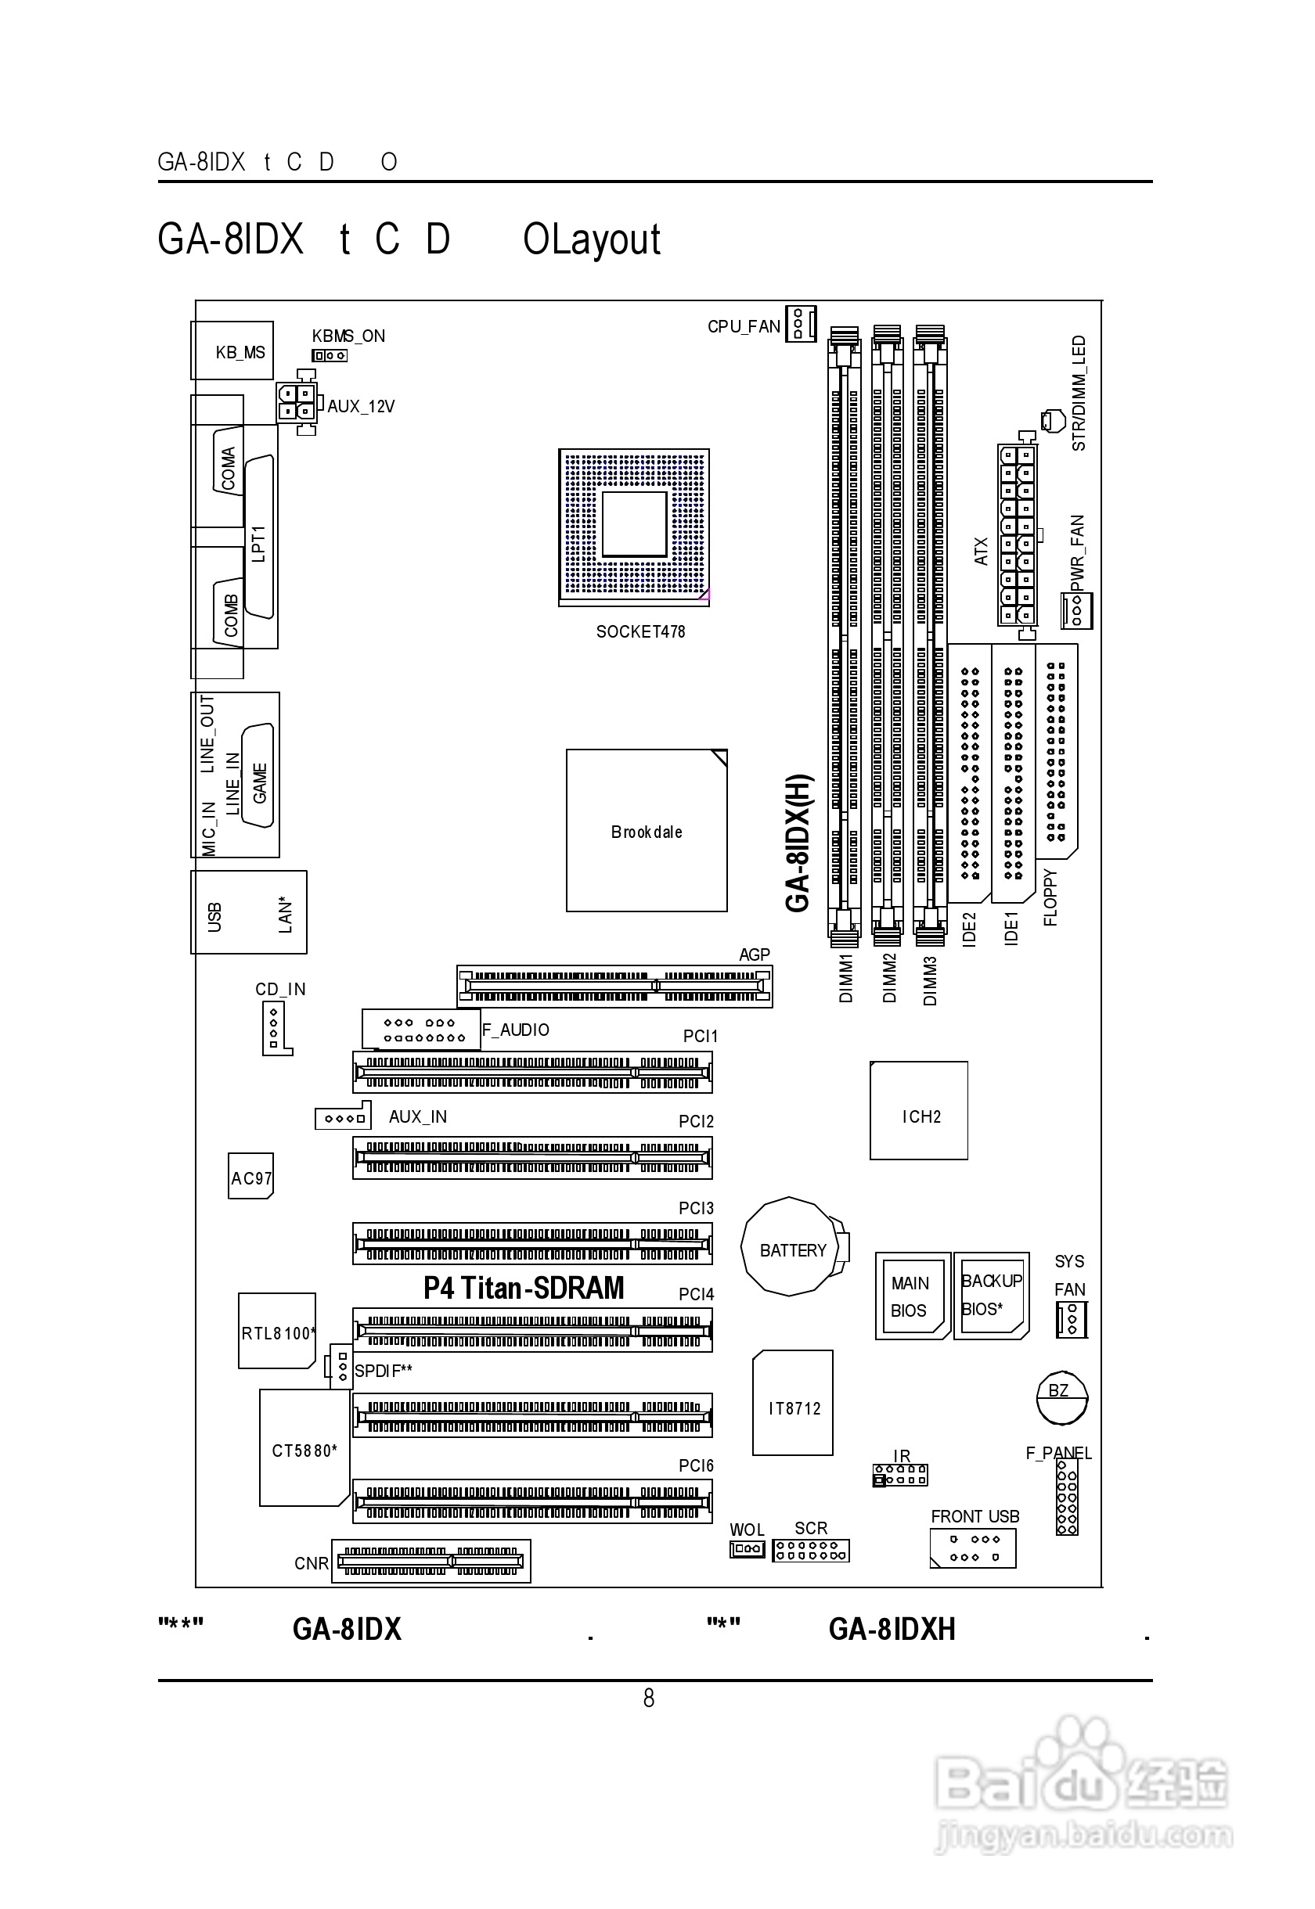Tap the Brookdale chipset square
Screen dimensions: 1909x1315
coord(646,830)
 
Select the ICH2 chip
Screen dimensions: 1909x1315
coord(919,1110)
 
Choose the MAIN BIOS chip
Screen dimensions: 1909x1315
coord(911,1296)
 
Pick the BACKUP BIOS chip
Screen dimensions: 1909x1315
coord(991,1296)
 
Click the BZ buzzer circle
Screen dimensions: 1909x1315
coord(1061,1397)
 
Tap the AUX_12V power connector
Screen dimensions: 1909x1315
coord(297,402)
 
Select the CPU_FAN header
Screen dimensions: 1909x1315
coord(799,324)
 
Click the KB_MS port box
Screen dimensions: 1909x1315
coord(232,351)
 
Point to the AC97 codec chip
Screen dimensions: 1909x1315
coord(250,1176)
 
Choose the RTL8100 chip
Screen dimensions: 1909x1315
coord(277,1331)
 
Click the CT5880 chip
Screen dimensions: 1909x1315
coord(303,1448)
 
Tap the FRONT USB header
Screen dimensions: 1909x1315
coord(972,1548)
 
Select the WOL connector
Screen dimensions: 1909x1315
coord(747,1549)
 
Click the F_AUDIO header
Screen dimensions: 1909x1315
coord(421,1030)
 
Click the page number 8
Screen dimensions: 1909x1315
coord(648,1699)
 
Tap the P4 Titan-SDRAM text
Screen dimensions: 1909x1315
coord(524,1288)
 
